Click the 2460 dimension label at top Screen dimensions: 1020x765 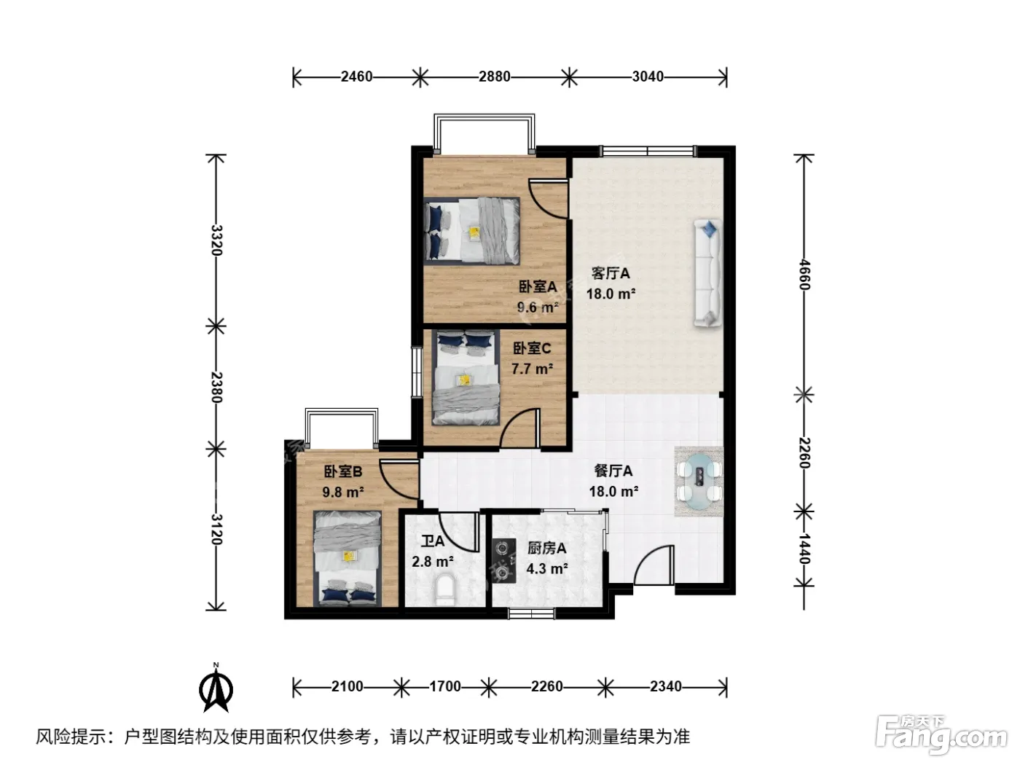[x=356, y=76]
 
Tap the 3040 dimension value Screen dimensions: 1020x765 [x=647, y=76]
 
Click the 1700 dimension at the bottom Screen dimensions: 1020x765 [x=444, y=686]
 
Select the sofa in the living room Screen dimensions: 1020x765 [x=708, y=273]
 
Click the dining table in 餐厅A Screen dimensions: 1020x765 [x=699, y=481]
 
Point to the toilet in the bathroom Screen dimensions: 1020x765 [x=444, y=590]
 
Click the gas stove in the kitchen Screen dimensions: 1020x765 [x=503, y=560]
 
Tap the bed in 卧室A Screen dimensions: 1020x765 [x=471, y=231]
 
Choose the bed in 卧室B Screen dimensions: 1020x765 [x=348, y=558]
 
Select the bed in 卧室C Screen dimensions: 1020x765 [x=466, y=377]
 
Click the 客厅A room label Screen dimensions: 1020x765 [x=611, y=273]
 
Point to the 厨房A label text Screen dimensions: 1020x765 [x=546, y=549]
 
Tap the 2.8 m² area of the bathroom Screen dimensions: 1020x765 [x=433, y=562]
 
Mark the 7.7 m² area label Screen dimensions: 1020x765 [x=533, y=369]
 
